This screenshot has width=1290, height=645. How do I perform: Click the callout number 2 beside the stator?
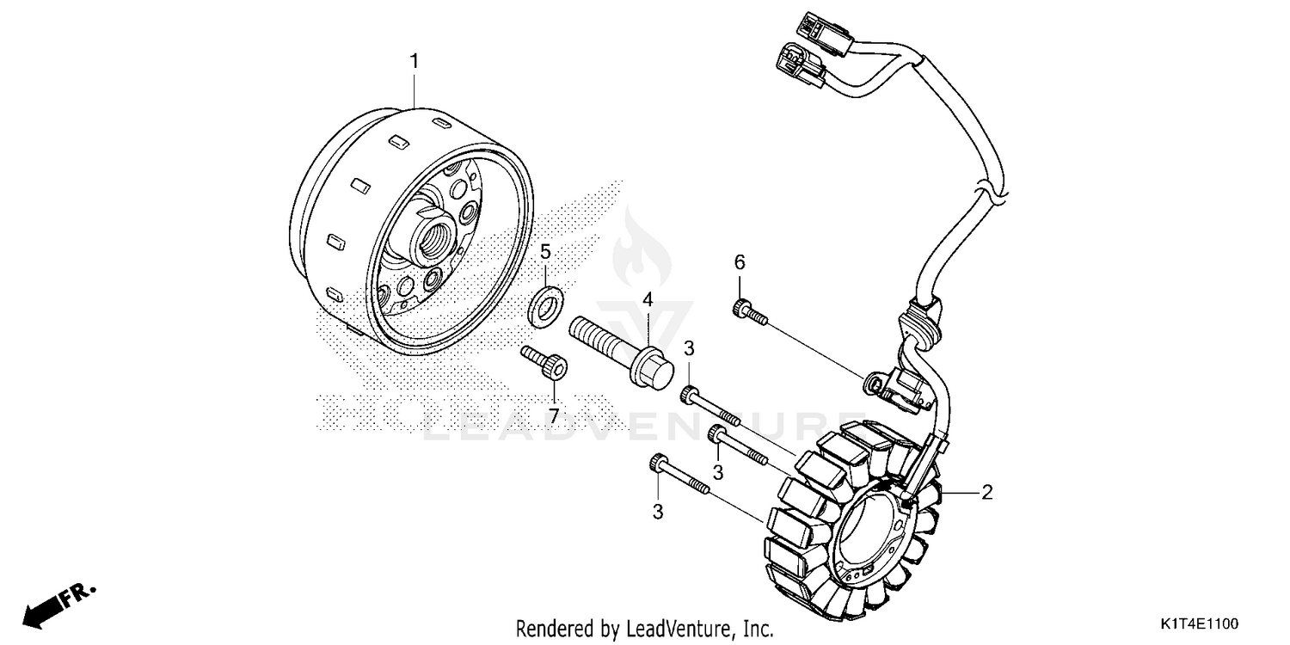pos(987,493)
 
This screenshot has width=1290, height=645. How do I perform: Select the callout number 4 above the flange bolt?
pos(648,300)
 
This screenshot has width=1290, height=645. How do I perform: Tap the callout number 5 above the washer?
pos(545,252)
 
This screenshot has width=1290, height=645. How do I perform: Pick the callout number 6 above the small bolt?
pos(738,261)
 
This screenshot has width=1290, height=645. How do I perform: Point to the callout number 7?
pos(554,415)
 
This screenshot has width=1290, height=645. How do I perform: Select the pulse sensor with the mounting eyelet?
pos(899,386)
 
